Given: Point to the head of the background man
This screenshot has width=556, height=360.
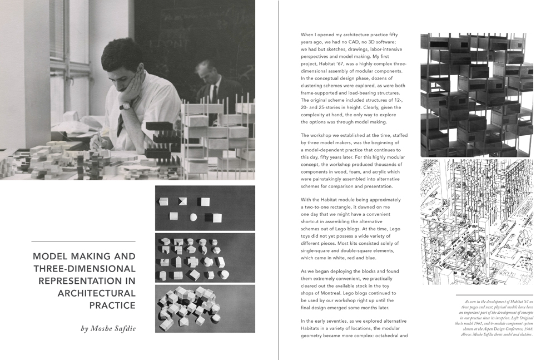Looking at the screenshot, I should pyautogui.click(x=205, y=70).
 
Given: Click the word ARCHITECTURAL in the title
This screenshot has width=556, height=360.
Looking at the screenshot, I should pyautogui.click(x=96, y=293).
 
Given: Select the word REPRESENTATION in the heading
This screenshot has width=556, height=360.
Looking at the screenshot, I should pyautogui.click(x=87, y=281).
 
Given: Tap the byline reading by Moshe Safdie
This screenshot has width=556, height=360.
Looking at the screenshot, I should pyautogui.click(x=108, y=328).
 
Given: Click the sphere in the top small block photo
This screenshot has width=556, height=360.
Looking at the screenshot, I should pyautogui.click(x=193, y=216).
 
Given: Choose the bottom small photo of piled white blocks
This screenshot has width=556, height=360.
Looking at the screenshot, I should pyautogui.click(x=205, y=308).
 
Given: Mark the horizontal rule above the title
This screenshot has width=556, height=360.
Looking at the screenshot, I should pyautogui.click(x=83, y=241).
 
